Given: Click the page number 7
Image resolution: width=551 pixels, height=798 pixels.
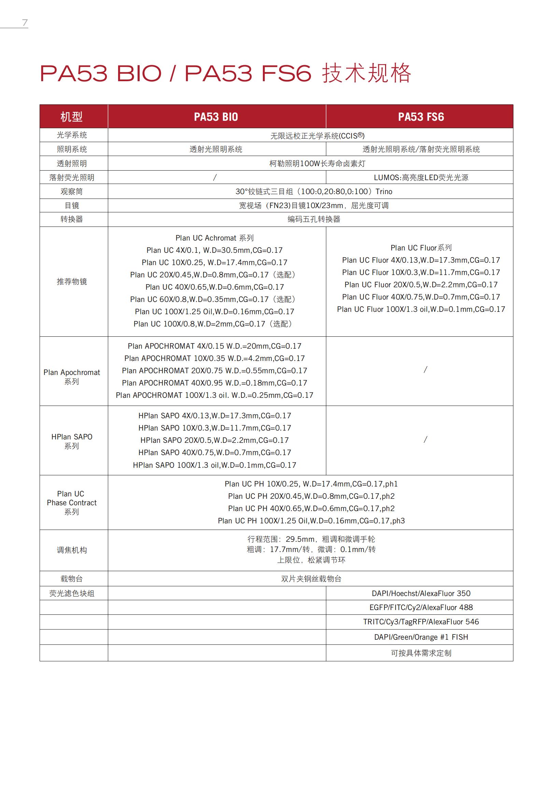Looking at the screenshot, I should click(25, 23).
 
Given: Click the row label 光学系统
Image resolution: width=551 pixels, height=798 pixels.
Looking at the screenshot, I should click(72, 135).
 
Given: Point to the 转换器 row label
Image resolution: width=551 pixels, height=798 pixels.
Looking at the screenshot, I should click(72, 219).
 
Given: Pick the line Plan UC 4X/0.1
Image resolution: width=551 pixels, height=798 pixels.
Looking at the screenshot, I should click(214, 250).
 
